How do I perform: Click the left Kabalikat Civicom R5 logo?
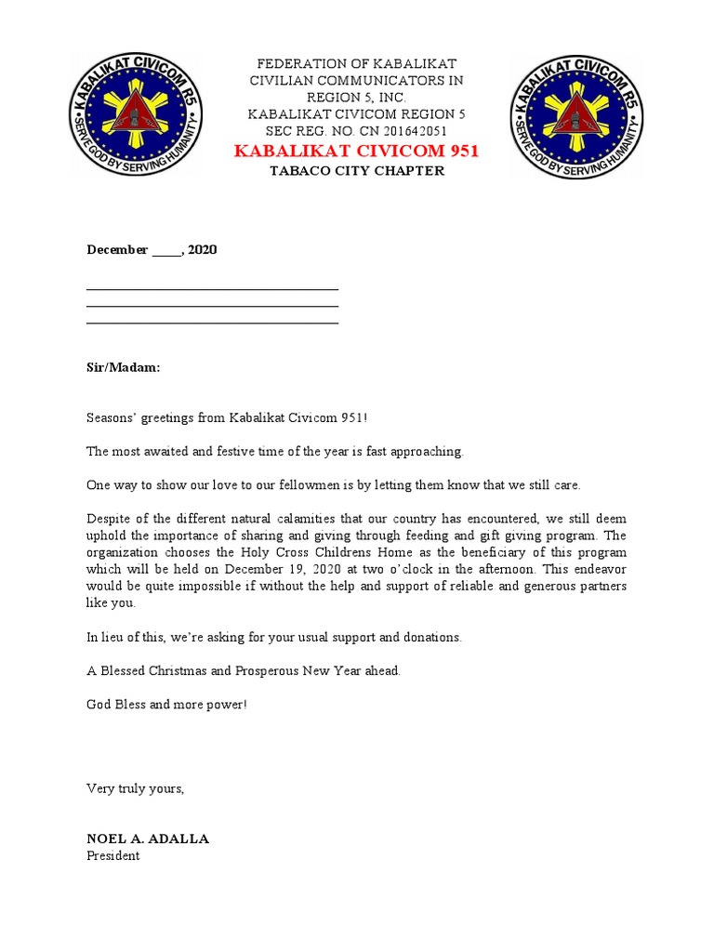pos(137,117)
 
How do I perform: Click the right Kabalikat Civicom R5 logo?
pos(576,117)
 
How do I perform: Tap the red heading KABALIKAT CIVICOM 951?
pos(356,151)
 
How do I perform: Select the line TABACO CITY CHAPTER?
pos(356,171)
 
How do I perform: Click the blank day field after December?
pos(166,250)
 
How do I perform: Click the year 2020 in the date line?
pos(203,250)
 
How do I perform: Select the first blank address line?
pos(212,289)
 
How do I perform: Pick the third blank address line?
pos(212,323)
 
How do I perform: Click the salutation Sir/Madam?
pos(123,367)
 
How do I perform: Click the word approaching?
pos(426,451)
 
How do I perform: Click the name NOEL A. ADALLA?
pos(148,839)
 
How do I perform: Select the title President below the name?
pos(112,855)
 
